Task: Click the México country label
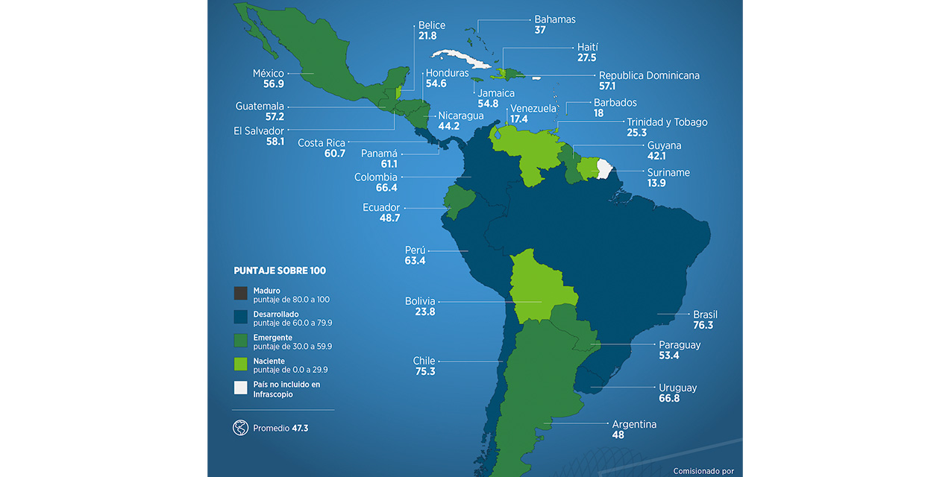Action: [269, 73]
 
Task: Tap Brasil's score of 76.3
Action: [703, 326]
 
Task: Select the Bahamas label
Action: [555, 19]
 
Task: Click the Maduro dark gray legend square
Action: [240, 294]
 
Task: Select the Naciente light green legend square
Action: [240, 364]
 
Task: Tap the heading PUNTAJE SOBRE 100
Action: [280, 271]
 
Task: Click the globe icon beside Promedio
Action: [240, 428]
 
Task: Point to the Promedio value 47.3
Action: [300, 429]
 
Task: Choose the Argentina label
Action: [634, 424]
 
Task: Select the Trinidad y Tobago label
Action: [667, 121]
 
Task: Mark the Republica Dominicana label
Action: [649, 75]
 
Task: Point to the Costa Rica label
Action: [321, 143]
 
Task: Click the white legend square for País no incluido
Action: [240, 388]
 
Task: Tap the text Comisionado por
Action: [703, 471]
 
